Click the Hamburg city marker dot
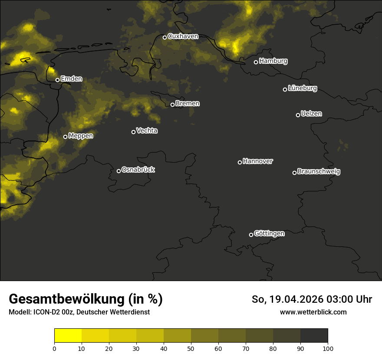[256, 62]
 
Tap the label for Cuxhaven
[183, 36]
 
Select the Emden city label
[71, 79]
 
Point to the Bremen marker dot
[172, 105]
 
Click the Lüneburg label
[302, 88]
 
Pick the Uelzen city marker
[298, 115]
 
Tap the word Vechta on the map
[147, 131]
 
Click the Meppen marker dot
[65, 137]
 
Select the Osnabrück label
[138, 170]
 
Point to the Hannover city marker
[240, 162]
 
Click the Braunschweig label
[319, 172]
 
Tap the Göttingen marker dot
[251, 235]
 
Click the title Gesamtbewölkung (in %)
[86, 299]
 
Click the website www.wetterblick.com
[313, 312]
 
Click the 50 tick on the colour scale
[191, 348]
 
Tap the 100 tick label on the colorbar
[328, 348]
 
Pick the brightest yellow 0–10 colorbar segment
[68, 335]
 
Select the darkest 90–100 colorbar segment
[314, 335]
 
